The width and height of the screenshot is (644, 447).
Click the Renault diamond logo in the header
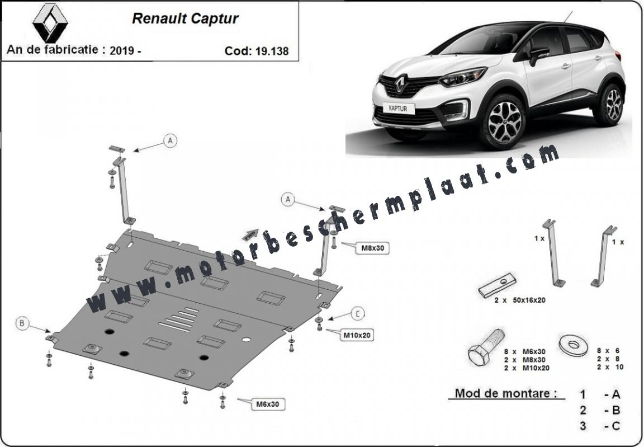coord(50,22)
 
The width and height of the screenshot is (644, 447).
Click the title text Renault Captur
coord(185,18)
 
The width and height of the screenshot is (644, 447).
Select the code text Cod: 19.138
coord(257,51)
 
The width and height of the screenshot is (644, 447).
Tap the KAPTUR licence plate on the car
coord(398,109)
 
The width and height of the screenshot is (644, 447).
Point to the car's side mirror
coord(538,55)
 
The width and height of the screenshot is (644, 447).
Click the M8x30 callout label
coord(372,248)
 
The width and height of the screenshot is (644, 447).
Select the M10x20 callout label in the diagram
coord(357,335)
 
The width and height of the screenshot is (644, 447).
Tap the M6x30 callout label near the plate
coord(267,404)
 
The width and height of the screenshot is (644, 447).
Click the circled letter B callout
coord(22,324)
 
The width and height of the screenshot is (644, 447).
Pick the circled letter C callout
coord(358,314)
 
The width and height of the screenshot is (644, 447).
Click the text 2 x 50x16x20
coord(519,300)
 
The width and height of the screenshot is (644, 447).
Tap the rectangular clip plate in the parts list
coord(497,285)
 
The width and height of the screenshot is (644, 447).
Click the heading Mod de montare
coord(506,393)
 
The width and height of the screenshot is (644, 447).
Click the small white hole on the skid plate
coord(247,340)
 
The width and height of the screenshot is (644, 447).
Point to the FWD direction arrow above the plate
coord(250,234)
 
